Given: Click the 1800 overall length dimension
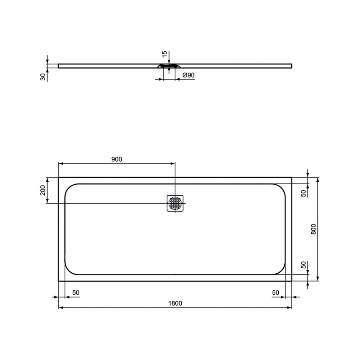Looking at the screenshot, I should click(x=175, y=303).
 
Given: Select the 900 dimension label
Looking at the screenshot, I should click(x=116, y=159).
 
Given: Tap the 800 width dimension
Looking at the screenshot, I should click(x=313, y=229).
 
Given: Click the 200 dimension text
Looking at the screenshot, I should click(x=42, y=190).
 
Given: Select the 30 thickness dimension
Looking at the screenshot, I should click(x=43, y=77).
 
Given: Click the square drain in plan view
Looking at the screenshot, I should click(x=175, y=203).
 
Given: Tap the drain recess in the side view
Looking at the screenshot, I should click(x=169, y=66).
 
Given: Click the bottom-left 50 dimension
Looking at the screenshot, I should click(x=76, y=292).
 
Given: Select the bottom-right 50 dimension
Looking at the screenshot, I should click(x=275, y=292).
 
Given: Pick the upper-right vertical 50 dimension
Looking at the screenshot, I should click(x=303, y=193).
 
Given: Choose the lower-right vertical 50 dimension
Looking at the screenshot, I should click(x=303, y=265).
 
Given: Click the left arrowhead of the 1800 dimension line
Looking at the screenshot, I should click(x=60, y=308).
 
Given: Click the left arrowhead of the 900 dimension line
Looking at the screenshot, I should click(x=60, y=164).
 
